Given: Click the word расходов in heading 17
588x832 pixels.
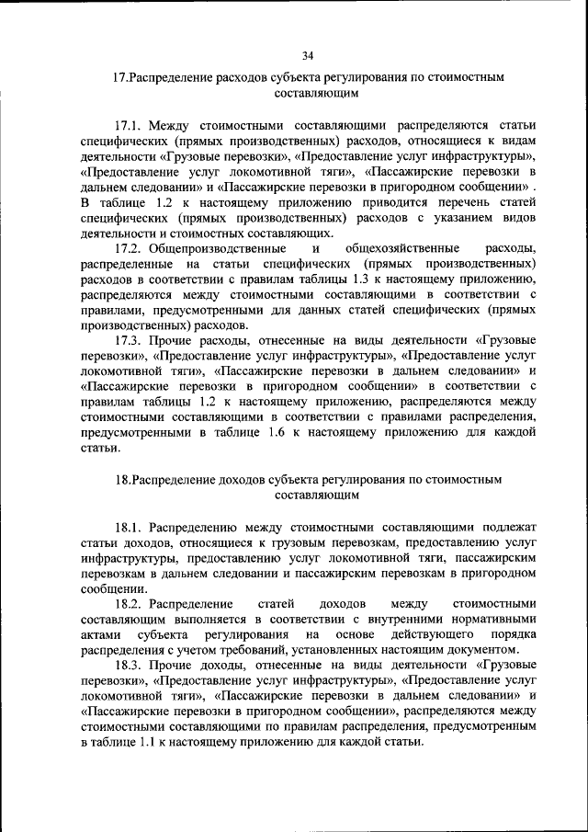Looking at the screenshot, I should (x=215, y=78).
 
